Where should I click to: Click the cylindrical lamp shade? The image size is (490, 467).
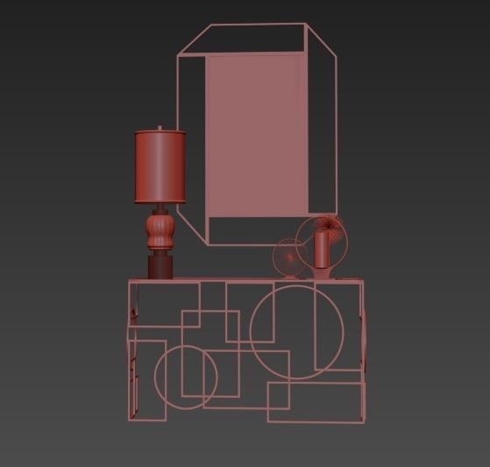pos(160,167)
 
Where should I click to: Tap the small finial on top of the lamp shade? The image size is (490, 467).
pos(160,127)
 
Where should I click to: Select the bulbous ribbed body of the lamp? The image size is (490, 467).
pos(160,233)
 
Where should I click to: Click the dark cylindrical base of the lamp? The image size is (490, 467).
pos(160,266)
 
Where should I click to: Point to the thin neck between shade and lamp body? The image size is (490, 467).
pos(160,210)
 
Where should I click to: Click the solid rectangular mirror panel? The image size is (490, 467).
pos(259,136)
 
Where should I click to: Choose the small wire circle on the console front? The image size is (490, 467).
pos(187,377)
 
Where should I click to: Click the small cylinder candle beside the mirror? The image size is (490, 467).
pos(322,249)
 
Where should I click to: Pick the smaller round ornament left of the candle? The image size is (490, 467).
pos(288,259)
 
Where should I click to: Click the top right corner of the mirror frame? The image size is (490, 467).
pos(306,25)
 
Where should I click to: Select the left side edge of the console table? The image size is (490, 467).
pos(130,351)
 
